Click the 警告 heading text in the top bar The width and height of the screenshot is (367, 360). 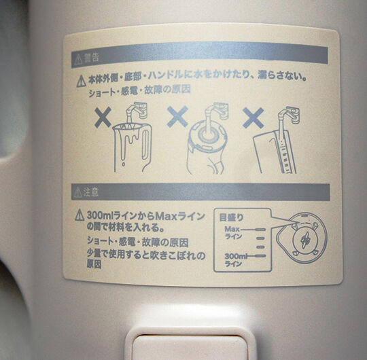tap(92, 58)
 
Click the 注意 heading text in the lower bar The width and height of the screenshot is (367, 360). tap(91, 192)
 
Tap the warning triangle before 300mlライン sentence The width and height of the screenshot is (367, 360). tap(80, 215)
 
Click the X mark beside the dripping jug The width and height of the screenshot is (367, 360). tap(103, 117)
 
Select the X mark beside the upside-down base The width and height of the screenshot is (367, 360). tap(178, 116)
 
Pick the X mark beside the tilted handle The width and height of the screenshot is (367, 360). tap(254, 118)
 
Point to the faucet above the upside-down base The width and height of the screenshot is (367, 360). tap(217, 111)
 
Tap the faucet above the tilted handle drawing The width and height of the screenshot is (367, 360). tap(289, 115)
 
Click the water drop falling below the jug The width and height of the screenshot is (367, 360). tap(123, 164)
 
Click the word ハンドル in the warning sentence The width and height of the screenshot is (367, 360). tap(166, 75)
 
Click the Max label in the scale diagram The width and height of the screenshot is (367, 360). tap(232, 228)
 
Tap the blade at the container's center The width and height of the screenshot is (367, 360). tap(305, 240)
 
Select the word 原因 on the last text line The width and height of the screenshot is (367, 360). tap(94, 264)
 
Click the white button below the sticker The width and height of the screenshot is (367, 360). tap(190, 347)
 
